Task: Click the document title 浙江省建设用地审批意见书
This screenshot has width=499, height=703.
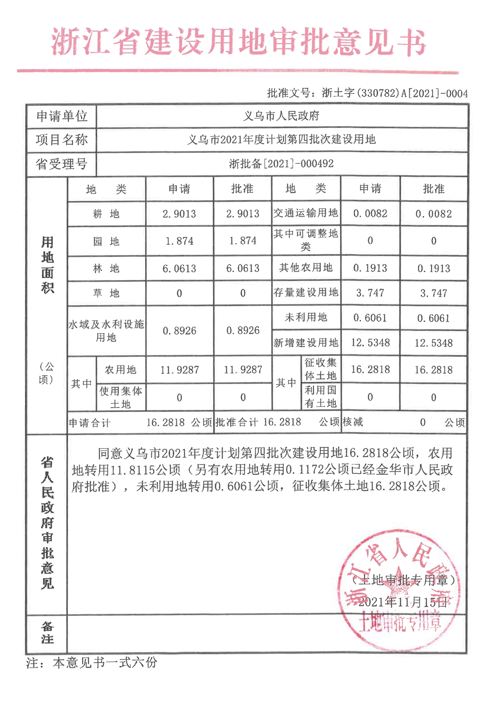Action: click(x=239, y=42)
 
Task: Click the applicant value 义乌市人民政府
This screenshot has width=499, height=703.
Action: click(x=281, y=116)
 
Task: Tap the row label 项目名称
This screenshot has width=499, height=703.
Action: click(x=61, y=140)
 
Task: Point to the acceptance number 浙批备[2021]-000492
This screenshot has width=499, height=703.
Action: click(x=281, y=164)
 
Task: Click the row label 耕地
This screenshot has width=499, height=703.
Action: click(x=106, y=214)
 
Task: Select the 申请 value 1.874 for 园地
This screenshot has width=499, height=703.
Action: click(x=179, y=241)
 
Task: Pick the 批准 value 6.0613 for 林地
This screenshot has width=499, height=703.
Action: click(x=243, y=269)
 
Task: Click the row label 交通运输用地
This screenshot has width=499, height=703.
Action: click(x=306, y=213)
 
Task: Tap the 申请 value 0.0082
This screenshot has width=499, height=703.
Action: click(x=370, y=214)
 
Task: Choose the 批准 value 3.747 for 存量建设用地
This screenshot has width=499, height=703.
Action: click(x=434, y=293)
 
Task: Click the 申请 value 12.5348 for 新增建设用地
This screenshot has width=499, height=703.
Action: click(x=370, y=343)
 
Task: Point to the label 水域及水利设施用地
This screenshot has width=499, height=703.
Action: click(x=106, y=331)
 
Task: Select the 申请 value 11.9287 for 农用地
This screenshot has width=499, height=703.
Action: click(x=179, y=370)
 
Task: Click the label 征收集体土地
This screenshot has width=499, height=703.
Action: click(x=321, y=369)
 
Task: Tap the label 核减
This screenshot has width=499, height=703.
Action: click(x=353, y=422)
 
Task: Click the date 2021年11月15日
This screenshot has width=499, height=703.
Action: click(x=402, y=602)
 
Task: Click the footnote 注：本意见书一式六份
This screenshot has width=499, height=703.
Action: click(x=92, y=663)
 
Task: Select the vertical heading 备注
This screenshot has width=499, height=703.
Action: click(x=47, y=633)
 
